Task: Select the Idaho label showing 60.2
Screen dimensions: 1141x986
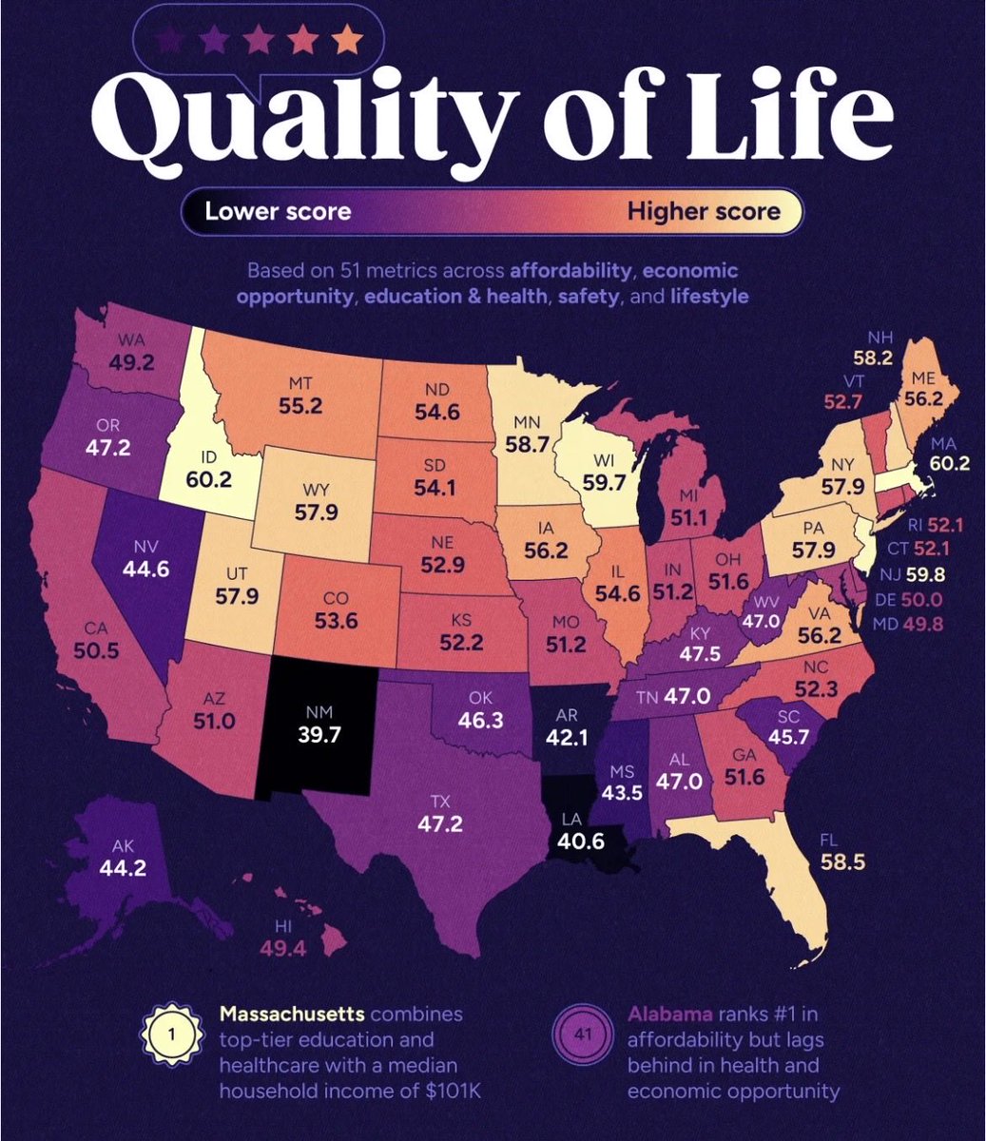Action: tap(209, 479)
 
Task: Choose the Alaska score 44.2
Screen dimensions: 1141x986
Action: tap(123, 866)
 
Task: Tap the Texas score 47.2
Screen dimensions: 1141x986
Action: tap(440, 822)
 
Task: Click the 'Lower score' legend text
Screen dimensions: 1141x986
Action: tap(278, 210)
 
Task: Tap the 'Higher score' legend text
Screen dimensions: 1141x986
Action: tap(703, 210)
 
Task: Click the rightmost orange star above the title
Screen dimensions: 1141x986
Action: tap(348, 41)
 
